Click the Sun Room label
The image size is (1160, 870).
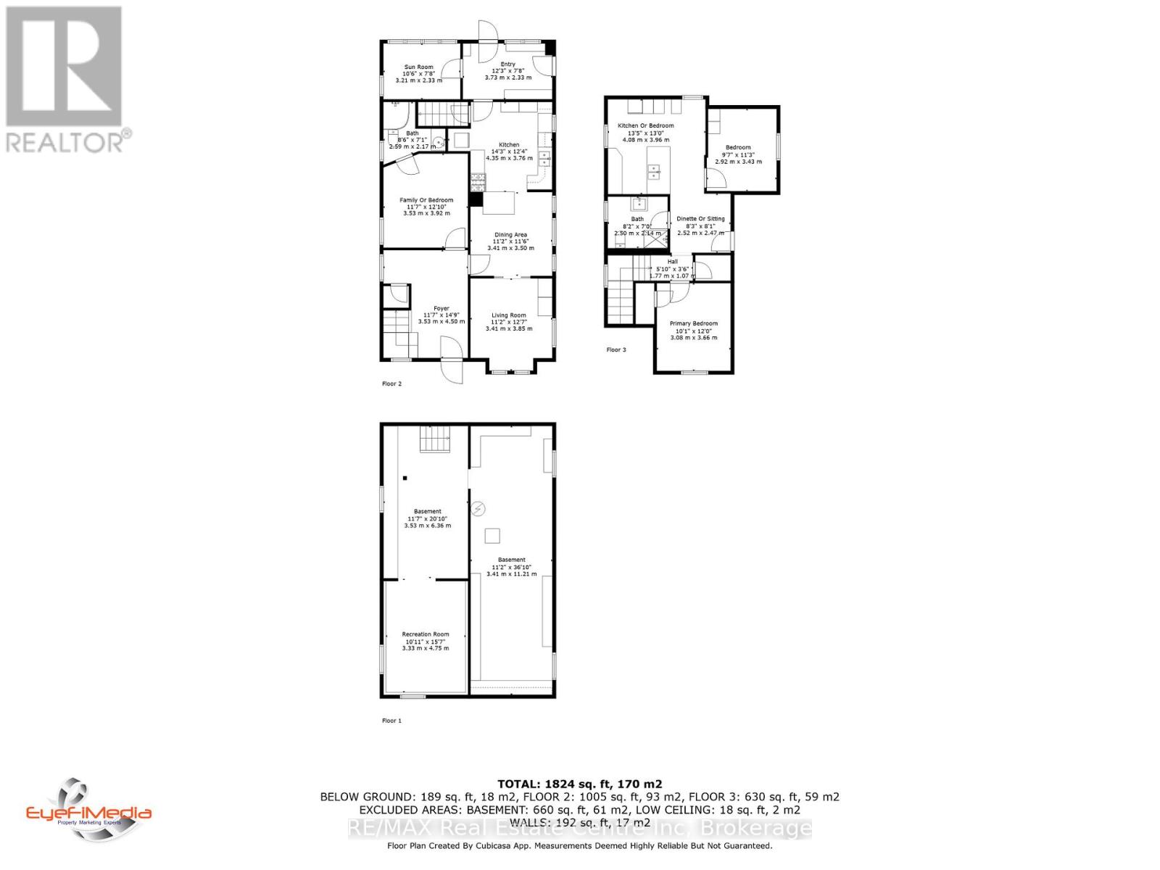(x=419, y=67)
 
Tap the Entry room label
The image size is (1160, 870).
(x=507, y=65)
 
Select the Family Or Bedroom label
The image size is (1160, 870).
(x=426, y=200)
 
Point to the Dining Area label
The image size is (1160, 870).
(x=510, y=235)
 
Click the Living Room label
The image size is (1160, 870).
(x=509, y=315)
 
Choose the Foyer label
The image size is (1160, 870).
(x=442, y=309)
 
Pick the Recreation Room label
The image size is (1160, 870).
(x=426, y=634)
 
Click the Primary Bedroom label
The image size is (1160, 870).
(x=694, y=323)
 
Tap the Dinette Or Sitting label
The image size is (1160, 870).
(x=700, y=219)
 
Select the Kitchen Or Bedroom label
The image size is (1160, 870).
(x=645, y=126)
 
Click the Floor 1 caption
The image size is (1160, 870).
(x=391, y=721)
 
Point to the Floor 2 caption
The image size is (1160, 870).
(x=391, y=384)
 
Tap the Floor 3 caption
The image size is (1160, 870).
(x=616, y=350)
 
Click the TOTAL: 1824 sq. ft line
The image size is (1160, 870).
(x=579, y=784)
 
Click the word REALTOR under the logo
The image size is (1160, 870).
(x=65, y=141)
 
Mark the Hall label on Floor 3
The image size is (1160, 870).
(x=673, y=262)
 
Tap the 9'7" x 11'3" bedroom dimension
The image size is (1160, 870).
(x=738, y=154)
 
